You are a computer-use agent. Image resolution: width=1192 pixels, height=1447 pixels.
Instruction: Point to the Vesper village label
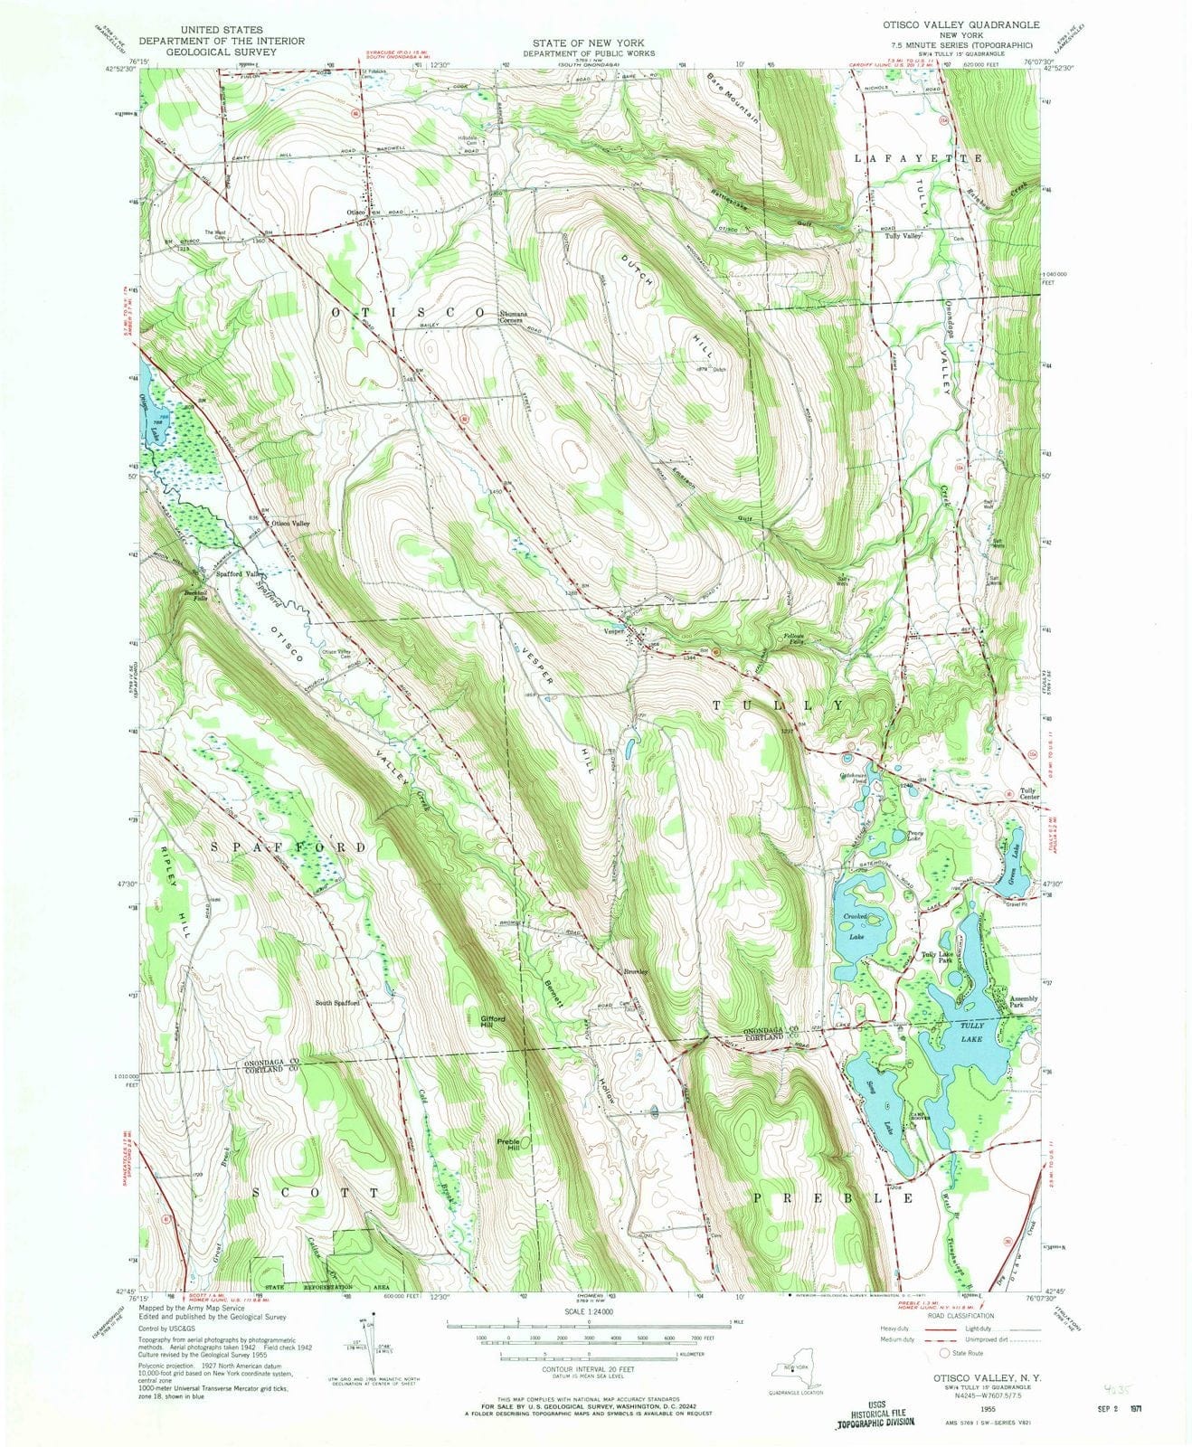(x=615, y=631)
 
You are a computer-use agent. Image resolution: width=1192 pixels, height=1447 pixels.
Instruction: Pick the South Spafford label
(x=337, y=1003)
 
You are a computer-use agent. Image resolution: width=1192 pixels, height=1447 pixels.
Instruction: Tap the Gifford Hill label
(x=492, y=1022)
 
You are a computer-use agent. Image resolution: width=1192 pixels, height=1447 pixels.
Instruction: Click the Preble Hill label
(x=508, y=1144)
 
